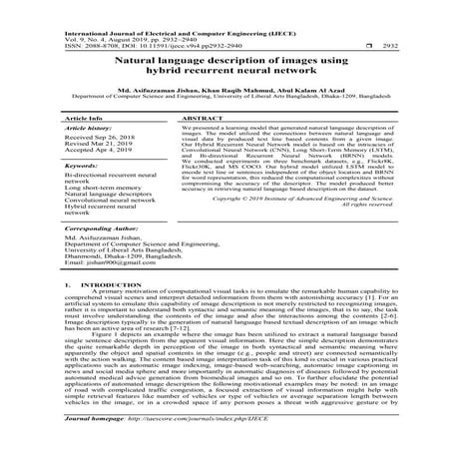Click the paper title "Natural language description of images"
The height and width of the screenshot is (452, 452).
[x=226, y=62]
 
